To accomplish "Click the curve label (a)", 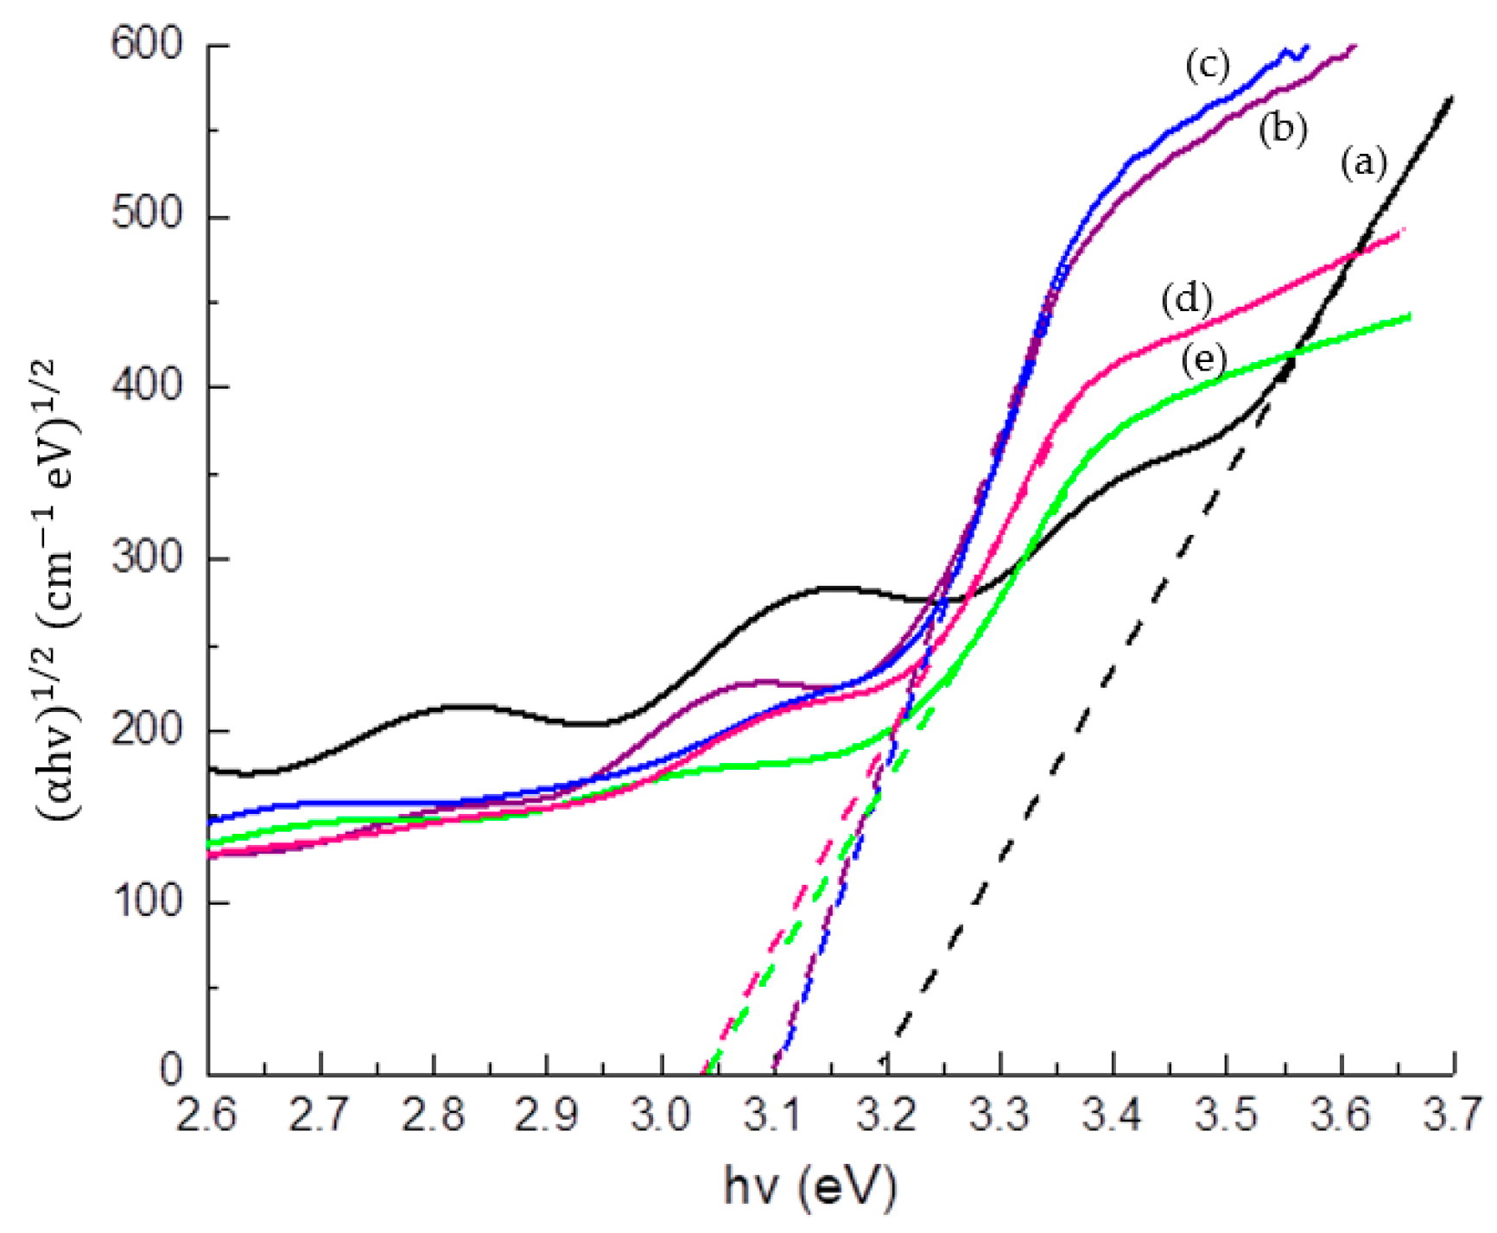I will [x=1363, y=162].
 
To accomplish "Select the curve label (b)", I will [x=1282, y=130].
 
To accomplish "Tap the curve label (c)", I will [x=1207, y=66].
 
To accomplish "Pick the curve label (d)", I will [x=1186, y=299].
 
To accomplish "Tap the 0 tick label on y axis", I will [x=171, y=1071].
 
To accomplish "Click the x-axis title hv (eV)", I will [x=810, y=1188].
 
